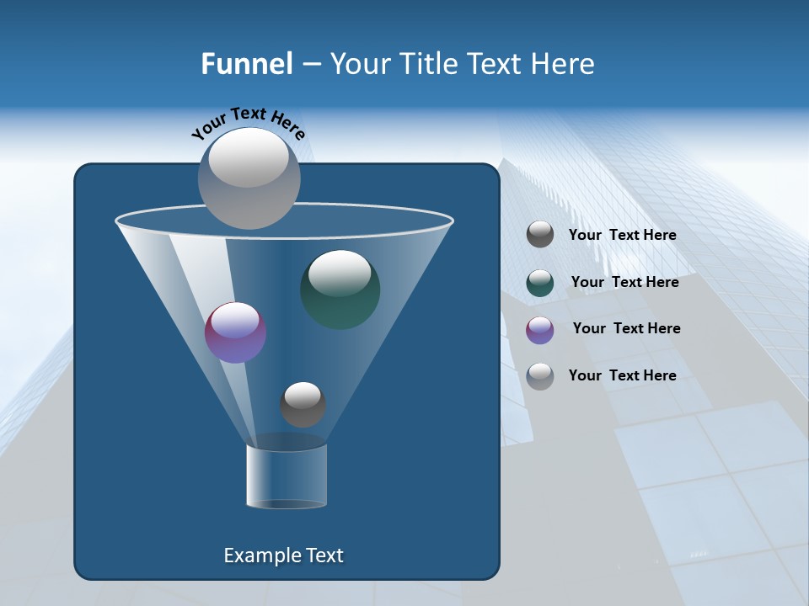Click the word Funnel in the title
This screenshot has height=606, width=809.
pos(246,64)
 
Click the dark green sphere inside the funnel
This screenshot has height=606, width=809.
pos(340,290)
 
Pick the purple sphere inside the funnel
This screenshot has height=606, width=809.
pos(236,333)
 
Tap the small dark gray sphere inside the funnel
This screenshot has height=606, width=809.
pos(303,405)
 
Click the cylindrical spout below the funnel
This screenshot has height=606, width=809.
pos(287,476)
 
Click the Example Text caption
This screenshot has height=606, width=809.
pos(284,555)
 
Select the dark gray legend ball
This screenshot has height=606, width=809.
pos(540,235)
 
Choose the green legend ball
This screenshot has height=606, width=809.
pos(540,283)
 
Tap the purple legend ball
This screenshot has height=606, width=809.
pos(540,329)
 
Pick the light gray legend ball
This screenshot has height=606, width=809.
pos(540,375)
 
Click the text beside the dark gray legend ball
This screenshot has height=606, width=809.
pos(622,236)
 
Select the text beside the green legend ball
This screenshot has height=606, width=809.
pos(624,282)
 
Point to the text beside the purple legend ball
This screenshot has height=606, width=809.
pos(626,328)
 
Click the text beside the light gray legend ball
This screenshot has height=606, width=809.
pos(622,375)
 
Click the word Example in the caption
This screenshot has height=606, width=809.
pos(255,555)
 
